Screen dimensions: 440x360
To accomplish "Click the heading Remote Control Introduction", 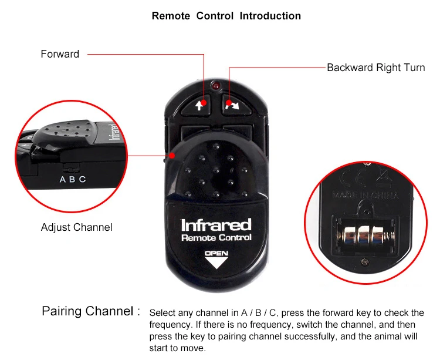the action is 226,16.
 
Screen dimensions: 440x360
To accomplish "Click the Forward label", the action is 60,54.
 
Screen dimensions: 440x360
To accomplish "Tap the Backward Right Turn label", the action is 375,68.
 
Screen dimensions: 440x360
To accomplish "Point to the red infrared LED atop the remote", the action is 216,86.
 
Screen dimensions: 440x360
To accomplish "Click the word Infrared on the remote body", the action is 216,225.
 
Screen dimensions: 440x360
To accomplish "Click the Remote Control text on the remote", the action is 216,238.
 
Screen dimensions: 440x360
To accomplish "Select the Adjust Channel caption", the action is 76,227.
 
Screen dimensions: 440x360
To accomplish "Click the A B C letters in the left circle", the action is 73,180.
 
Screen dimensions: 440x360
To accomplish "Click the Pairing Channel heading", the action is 91,311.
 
